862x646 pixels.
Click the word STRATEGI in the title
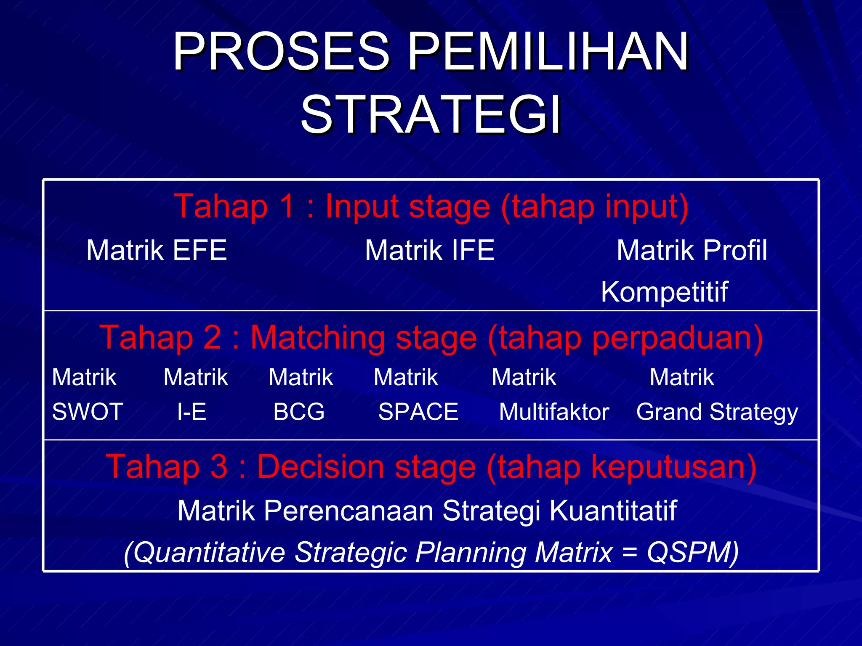(431, 114)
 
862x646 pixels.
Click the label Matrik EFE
(157, 250)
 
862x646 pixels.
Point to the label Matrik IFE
(430, 250)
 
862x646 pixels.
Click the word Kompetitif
(664, 291)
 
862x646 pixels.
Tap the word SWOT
(88, 411)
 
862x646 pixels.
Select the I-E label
(192, 411)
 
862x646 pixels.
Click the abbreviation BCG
(299, 411)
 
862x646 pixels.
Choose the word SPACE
(418, 411)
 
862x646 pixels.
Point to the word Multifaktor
(554, 411)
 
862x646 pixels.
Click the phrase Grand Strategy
(717, 412)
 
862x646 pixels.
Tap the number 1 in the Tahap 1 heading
(288, 206)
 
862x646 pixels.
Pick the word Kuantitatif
(613, 511)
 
